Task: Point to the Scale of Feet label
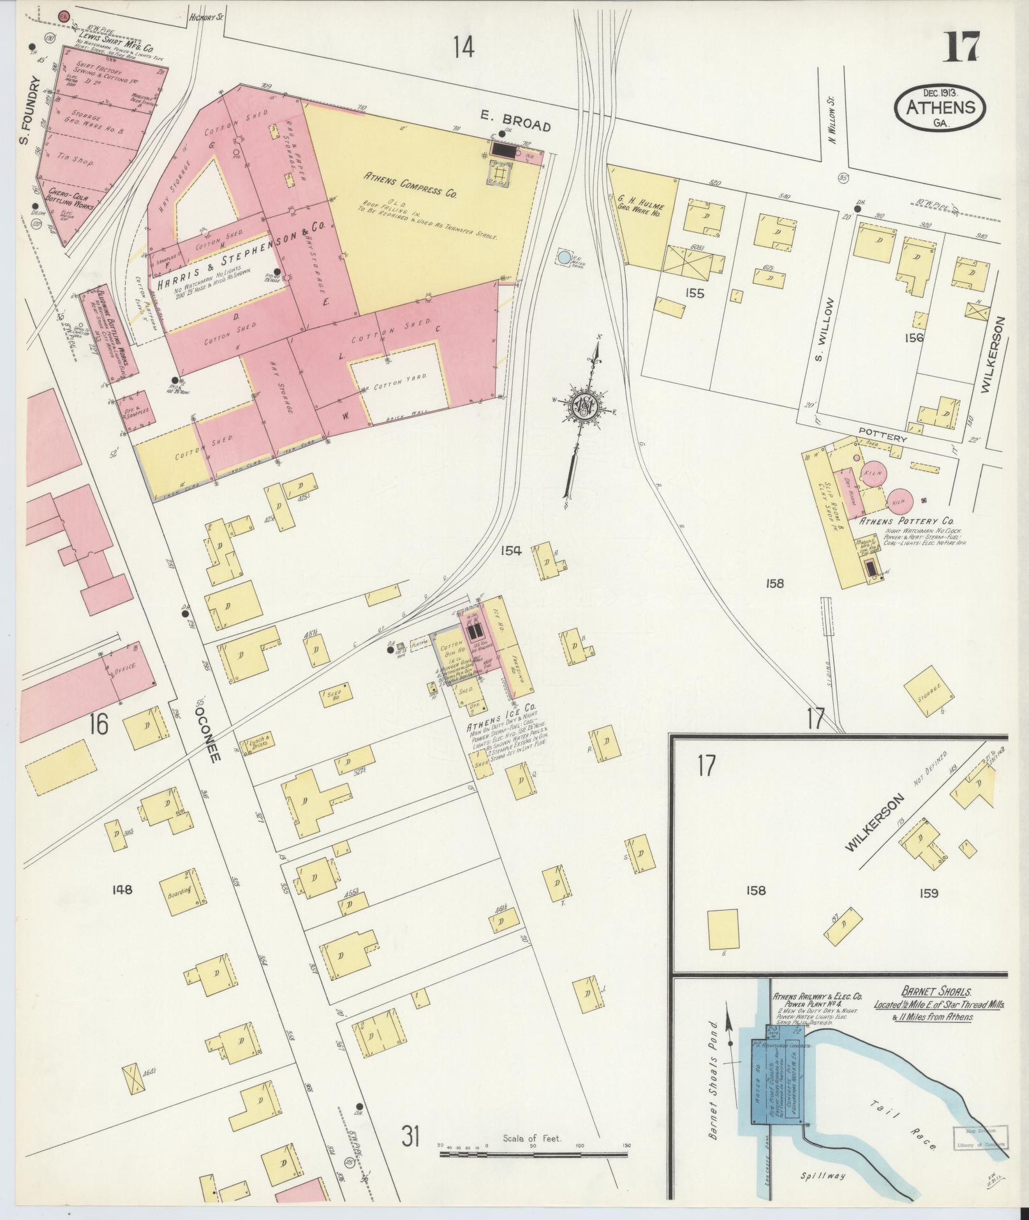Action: pyautogui.click(x=532, y=1138)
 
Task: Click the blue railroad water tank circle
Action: pyautogui.click(x=564, y=258)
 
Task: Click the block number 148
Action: pyautogui.click(x=121, y=889)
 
